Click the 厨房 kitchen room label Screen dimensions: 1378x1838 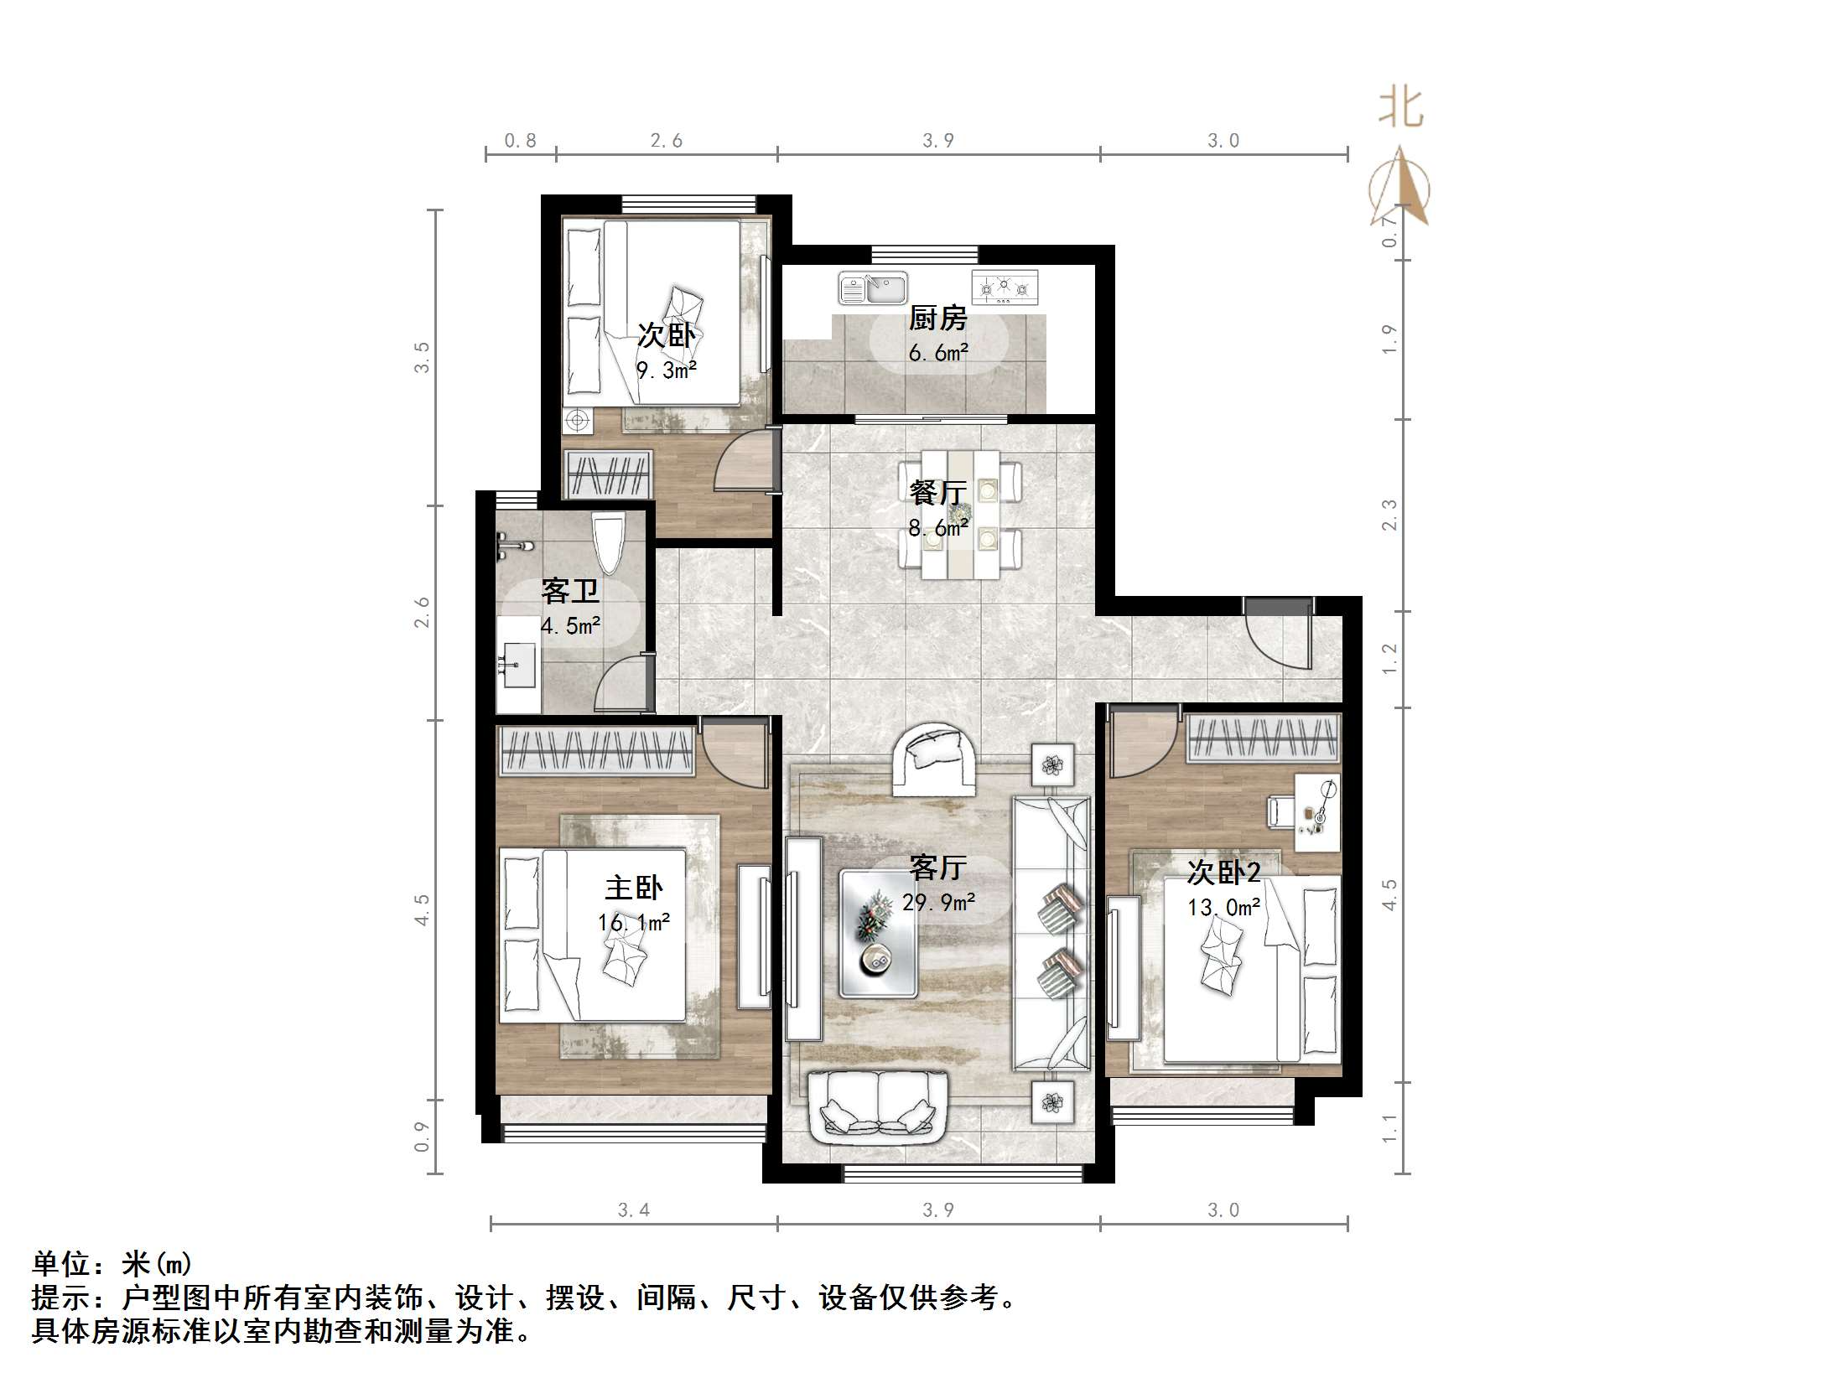point(937,319)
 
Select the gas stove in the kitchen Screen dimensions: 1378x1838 point(1005,288)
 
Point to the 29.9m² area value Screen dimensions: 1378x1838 point(938,903)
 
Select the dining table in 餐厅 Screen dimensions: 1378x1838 point(961,514)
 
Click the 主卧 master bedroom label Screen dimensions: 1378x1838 point(634,888)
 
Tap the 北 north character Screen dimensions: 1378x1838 point(1399,109)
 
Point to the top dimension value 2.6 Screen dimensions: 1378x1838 point(666,141)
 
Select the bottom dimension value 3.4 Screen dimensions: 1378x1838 point(633,1210)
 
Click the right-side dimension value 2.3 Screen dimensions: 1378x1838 point(1389,515)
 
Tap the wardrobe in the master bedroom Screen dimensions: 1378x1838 point(596,749)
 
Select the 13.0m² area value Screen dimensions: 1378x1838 point(1223,907)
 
